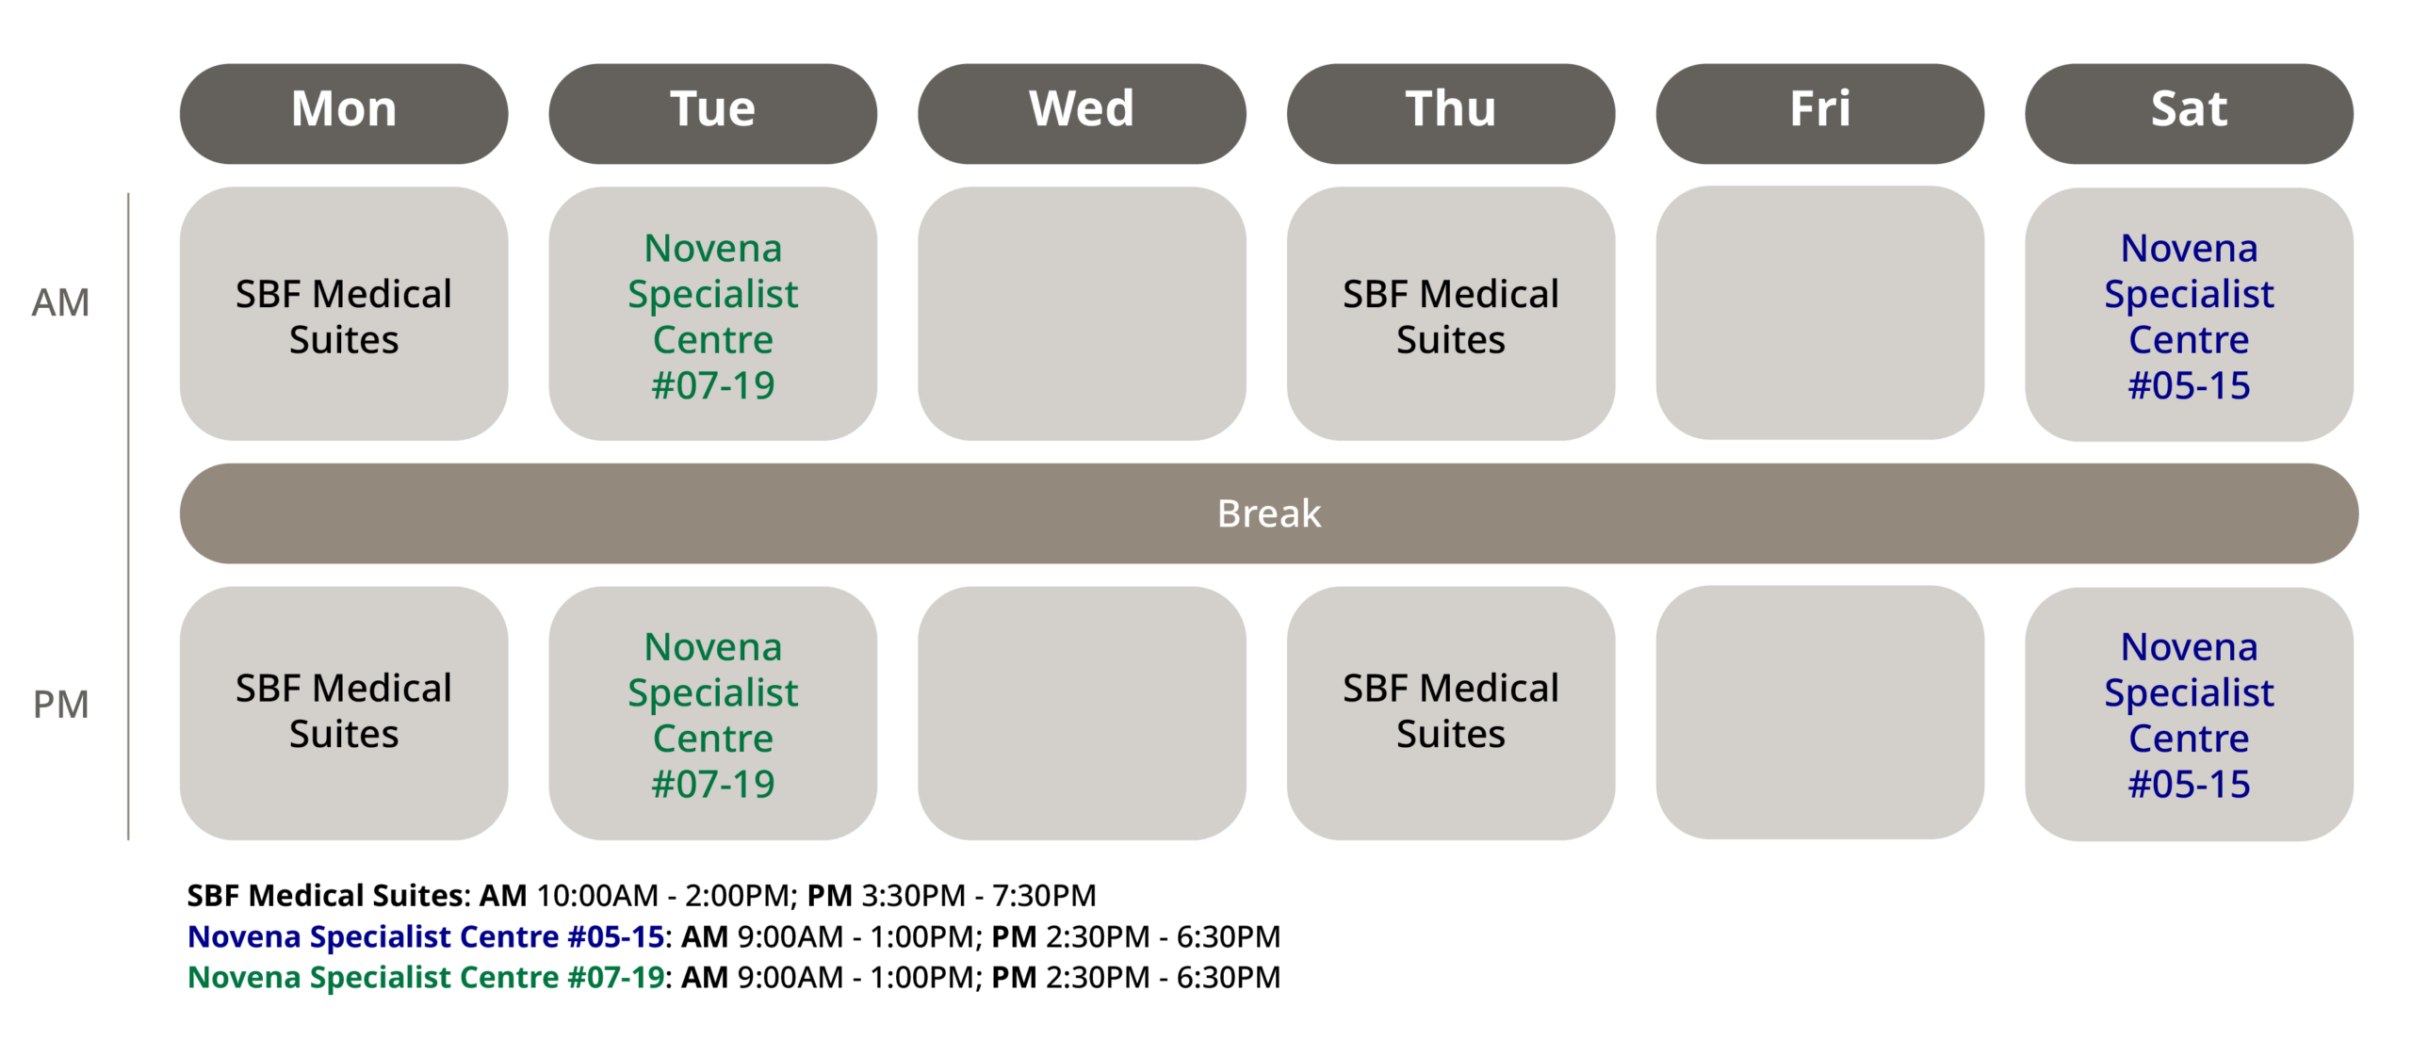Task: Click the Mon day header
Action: click(x=344, y=113)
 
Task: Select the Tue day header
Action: click(x=713, y=113)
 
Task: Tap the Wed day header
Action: click(x=1082, y=113)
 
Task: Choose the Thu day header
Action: click(x=1451, y=113)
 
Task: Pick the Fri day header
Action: click(x=1820, y=113)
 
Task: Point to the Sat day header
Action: click(x=2189, y=113)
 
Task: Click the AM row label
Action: click(x=60, y=303)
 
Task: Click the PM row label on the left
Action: click(x=60, y=705)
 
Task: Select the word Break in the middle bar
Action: click(x=1269, y=513)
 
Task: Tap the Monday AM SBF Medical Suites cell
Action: click(x=344, y=314)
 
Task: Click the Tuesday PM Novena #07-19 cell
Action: click(x=713, y=713)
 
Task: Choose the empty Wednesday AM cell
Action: click(x=1082, y=314)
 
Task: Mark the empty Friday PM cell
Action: click(x=1820, y=712)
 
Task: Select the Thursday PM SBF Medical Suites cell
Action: click(x=1451, y=713)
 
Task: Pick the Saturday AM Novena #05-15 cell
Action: click(x=2189, y=315)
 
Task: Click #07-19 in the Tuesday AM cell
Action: click(x=713, y=385)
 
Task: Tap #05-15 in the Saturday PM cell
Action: click(x=2189, y=784)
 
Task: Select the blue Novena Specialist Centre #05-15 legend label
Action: click(x=426, y=936)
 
